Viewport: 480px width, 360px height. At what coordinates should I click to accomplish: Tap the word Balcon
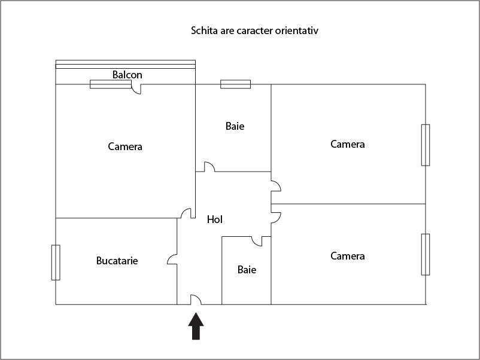pyautogui.click(x=127, y=75)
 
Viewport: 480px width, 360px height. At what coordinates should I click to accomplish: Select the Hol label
pyautogui.click(x=215, y=219)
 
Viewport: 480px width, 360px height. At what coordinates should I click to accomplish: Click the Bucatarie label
pyautogui.click(x=117, y=261)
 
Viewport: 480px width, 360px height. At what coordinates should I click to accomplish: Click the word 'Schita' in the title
pyautogui.click(x=204, y=30)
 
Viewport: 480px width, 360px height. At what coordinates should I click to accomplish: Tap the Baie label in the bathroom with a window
pyautogui.click(x=235, y=126)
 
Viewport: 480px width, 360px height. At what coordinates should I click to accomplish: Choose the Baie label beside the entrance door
pyautogui.click(x=247, y=270)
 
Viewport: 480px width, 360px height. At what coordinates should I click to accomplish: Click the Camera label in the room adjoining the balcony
pyautogui.click(x=125, y=146)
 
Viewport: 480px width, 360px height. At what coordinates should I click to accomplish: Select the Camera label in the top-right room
pyautogui.click(x=348, y=144)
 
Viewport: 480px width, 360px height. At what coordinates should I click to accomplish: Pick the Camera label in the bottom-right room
pyautogui.click(x=348, y=256)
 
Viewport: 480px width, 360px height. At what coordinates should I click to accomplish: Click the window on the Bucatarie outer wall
pyautogui.click(x=56, y=262)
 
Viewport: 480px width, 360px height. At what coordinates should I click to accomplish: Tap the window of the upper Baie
pyautogui.click(x=235, y=84)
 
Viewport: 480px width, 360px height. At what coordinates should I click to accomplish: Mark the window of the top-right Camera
pyautogui.click(x=426, y=145)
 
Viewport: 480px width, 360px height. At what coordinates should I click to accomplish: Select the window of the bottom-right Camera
pyautogui.click(x=426, y=254)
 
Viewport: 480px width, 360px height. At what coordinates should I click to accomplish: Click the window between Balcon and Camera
pyautogui.click(x=110, y=84)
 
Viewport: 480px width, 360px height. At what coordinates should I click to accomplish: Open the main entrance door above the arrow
pyautogui.click(x=196, y=300)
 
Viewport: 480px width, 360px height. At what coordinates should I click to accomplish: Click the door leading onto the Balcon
pyautogui.click(x=136, y=89)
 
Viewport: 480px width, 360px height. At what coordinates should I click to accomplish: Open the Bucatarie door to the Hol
pyautogui.click(x=172, y=259)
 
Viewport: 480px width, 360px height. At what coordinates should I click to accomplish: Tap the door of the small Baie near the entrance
pyautogui.click(x=257, y=241)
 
